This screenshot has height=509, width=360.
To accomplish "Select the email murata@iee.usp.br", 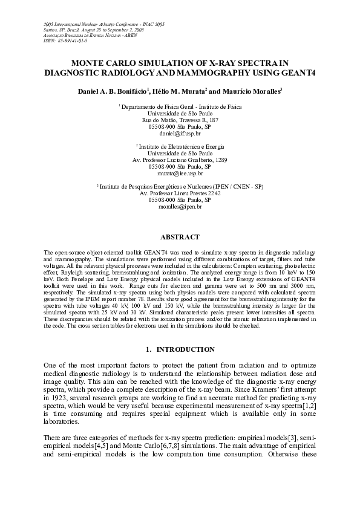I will (180, 173).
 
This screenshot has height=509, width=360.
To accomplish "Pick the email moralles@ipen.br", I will (180, 207).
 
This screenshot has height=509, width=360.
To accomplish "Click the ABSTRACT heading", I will (180, 237).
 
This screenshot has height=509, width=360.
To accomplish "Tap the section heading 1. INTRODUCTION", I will (180, 349).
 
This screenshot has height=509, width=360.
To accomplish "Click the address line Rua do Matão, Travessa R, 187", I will (180, 120).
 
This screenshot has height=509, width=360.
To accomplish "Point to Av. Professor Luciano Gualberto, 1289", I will (180, 160).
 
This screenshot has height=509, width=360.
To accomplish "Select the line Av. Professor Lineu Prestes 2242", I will (180, 193).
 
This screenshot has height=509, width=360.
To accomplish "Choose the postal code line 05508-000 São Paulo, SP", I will (180, 200).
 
